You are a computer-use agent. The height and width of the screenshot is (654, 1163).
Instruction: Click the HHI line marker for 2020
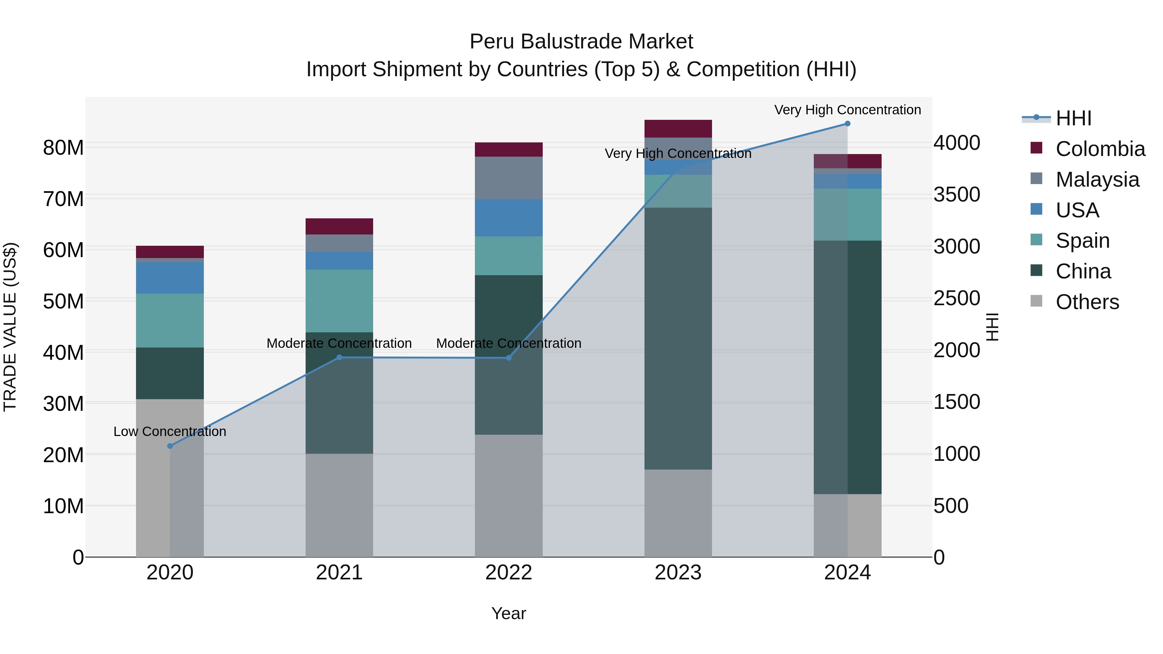point(170,446)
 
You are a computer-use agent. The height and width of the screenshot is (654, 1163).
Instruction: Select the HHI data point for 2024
point(847,124)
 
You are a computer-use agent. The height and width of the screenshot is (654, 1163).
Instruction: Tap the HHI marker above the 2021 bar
point(340,358)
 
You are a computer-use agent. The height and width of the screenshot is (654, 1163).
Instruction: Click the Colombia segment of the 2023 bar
point(678,129)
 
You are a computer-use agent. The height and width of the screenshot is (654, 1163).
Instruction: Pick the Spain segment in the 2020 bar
point(170,320)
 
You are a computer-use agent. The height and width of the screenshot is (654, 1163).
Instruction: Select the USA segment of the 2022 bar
point(508,218)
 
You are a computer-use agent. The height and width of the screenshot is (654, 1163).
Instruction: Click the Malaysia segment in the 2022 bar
point(508,178)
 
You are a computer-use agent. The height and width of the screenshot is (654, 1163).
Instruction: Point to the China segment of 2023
point(678,338)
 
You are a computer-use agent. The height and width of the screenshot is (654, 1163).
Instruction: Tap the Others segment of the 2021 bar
point(340,505)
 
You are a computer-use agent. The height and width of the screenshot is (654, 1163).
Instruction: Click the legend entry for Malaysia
point(1097,180)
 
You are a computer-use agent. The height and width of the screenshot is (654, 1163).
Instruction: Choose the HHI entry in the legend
point(1073,118)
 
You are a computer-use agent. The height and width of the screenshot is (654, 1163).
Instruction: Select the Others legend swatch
point(1037,301)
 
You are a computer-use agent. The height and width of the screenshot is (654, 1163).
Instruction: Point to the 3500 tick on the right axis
point(957,195)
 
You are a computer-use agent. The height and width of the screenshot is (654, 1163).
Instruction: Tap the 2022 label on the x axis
point(508,573)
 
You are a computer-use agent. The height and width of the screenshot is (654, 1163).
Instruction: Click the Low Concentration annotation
point(170,431)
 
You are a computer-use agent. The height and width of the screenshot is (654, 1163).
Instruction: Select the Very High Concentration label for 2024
point(847,110)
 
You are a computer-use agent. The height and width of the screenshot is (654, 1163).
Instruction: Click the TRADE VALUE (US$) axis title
point(10,327)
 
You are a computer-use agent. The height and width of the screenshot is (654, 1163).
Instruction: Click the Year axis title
point(508,613)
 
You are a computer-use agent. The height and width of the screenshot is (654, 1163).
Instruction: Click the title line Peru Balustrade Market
point(581,42)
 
